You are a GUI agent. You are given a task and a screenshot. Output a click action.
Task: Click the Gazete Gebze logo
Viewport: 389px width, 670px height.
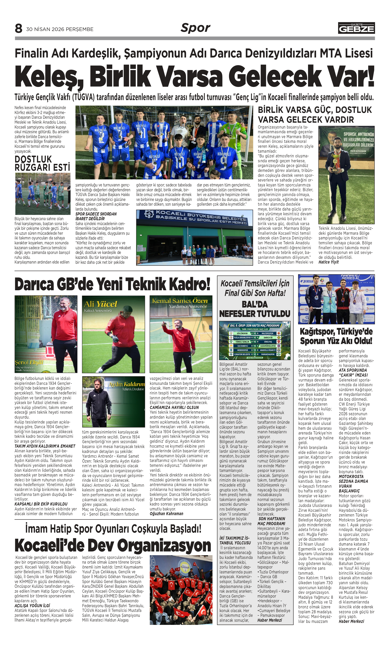click(x=356, y=28)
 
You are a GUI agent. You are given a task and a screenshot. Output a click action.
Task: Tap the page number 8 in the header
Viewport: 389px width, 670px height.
click(x=18, y=28)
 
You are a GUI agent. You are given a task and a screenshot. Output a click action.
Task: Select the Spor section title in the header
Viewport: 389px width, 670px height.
click(x=195, y=28)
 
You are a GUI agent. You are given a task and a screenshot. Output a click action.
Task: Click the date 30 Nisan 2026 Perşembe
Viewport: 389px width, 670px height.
click(x=60, y=29)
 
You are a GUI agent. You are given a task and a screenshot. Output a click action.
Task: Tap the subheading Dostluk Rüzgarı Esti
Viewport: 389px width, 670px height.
click(x=42, y=163)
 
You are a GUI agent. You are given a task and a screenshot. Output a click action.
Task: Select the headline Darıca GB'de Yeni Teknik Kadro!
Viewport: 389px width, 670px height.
click(x=112, y=284)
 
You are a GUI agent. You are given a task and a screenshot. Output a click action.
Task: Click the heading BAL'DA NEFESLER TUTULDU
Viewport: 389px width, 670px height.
click(x=255, y=309)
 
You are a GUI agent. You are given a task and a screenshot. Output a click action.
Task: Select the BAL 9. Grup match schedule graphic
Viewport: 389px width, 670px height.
click(x=255, y=340)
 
